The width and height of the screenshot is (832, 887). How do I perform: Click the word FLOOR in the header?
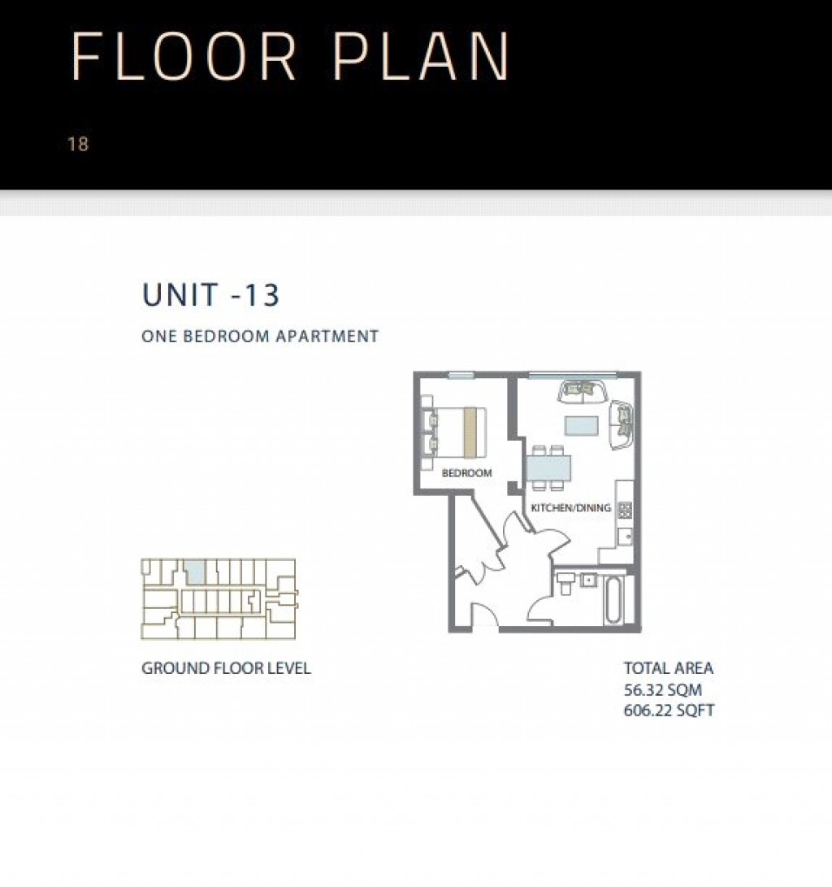[184, 57]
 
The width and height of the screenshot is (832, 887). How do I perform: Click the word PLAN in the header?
[422, 57]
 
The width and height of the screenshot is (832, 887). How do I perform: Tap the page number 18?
[78, 145]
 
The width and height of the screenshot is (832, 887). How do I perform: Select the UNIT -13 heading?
[211, 295]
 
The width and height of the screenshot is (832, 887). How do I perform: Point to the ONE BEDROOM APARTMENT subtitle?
[260, 336]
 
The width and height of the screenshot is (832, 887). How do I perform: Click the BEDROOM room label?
[466, 472]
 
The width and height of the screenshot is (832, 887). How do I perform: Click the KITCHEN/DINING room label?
[570, 508]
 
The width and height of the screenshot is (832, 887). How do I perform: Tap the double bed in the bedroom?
[455, 431]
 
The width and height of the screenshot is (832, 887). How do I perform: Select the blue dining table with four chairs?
[548, 467]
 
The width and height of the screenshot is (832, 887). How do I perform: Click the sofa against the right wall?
[622, 423]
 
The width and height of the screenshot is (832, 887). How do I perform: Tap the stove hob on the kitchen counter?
[625, 510]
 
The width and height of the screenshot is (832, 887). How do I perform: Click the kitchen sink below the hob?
[625, 537]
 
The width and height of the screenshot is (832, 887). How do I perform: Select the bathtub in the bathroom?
[617, 601]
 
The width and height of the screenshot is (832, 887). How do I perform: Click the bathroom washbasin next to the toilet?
[587, 580]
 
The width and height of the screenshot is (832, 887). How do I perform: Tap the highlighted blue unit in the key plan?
[195, 572]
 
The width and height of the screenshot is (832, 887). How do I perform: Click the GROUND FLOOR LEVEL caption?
[226, 669]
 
